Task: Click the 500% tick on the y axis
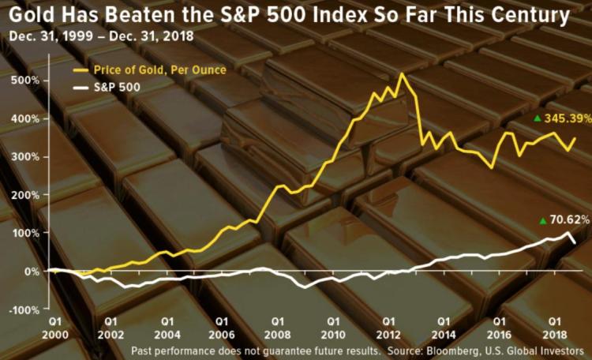point(24,80)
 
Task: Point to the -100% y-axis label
point(23,309)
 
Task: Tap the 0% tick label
point(32,271)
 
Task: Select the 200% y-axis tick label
point(24,194)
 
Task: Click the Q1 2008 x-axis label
point(278,328)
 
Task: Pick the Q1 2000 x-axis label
point(55,328)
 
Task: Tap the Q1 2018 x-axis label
point(555,328)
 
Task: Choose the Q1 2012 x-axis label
point(389,328)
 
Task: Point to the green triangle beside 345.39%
point(538,118)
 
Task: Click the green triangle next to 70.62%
point(543,221)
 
